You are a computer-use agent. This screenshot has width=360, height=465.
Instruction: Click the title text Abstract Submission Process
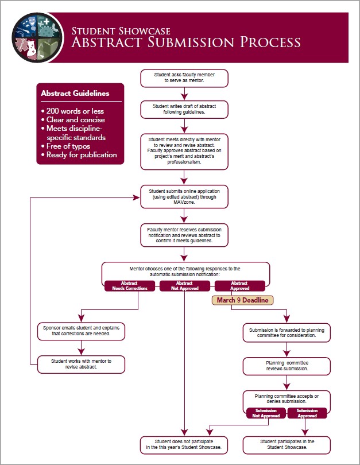(185, 42)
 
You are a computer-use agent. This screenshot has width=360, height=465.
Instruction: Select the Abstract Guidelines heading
(75, 93)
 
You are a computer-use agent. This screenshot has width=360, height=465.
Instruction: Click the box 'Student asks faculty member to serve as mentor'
(184, 78)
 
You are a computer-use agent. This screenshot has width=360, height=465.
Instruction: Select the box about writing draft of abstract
(184, 109)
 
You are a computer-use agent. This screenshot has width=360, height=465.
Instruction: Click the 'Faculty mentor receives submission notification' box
(184, 235)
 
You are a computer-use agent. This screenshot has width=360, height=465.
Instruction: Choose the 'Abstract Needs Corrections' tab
(130, 286)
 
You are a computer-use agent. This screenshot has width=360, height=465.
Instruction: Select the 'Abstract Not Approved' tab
(184, 286)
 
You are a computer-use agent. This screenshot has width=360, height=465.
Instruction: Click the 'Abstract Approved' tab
(239, 286)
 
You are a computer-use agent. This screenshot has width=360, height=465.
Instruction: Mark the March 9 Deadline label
(242, 300)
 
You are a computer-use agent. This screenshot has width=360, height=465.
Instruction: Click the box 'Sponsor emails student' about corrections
(81, 330)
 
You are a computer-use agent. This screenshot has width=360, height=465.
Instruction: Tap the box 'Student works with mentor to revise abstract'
(81, 364)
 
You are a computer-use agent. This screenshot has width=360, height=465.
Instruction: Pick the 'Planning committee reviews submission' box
(287, 366)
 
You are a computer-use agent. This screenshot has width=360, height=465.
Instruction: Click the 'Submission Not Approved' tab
(266, 413)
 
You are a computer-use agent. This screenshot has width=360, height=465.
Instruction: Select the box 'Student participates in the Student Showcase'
(287, 444)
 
